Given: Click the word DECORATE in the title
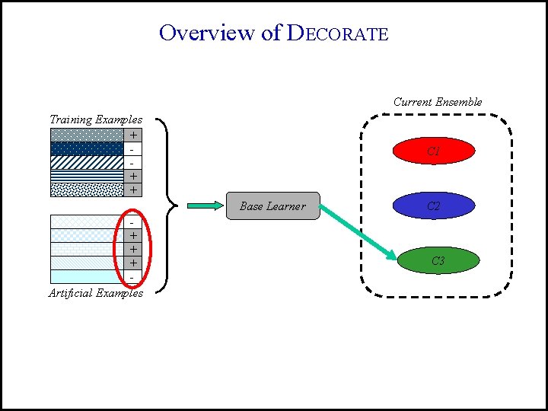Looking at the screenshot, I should coord(337,33).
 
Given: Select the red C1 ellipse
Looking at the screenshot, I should coord(433,151).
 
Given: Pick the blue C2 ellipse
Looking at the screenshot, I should coord(433,205).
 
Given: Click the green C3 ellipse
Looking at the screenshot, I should coord(438,261).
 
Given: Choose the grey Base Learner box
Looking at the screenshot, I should coord(273,205).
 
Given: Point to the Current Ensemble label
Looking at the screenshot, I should coord(438,102).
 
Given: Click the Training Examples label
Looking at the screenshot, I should coord(95,119).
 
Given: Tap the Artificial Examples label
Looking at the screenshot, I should coord(95,293).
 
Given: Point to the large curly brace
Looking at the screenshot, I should coord(170,204).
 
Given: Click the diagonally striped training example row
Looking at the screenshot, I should coord(87,162).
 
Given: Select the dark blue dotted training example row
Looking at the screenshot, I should coord(87,148).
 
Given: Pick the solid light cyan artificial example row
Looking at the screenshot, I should coord(87,276).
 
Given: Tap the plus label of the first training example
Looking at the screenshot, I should coord(133,135).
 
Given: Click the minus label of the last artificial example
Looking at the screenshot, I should coord(133,277).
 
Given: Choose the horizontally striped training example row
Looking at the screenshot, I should coord(87,176).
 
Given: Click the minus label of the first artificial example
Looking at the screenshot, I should coord(133,222).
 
